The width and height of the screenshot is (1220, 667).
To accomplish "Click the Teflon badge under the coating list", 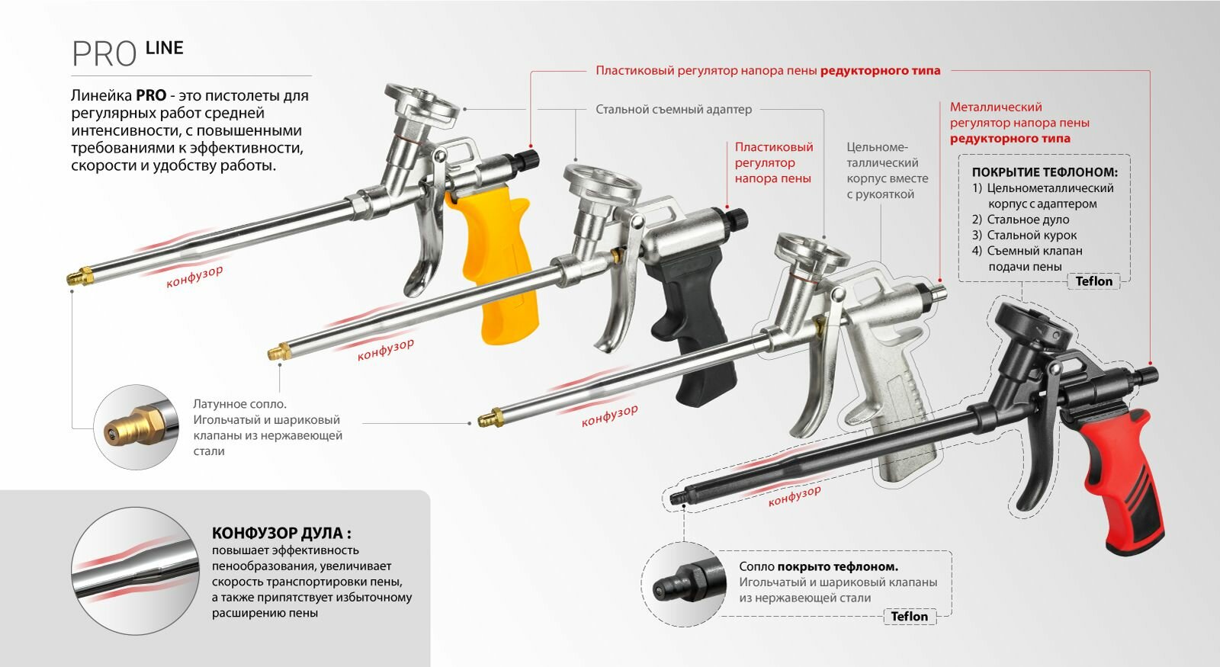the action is coord(1093,281).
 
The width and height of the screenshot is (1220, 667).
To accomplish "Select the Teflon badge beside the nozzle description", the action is coord(909,617).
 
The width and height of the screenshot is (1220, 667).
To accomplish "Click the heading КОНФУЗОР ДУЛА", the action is coord(281,534).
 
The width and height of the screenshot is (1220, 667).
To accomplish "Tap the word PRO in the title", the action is coord(104,54).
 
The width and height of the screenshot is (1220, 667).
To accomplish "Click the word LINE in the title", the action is coord(164,48).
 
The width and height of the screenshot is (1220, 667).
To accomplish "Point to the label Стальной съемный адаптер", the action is coord(673,110).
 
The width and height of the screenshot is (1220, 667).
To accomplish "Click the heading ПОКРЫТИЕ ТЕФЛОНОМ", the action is coord(1044,172).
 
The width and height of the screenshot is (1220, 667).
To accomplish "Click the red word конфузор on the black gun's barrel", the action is coord(795,495).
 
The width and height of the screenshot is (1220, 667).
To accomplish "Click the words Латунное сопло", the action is coord(239,404).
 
